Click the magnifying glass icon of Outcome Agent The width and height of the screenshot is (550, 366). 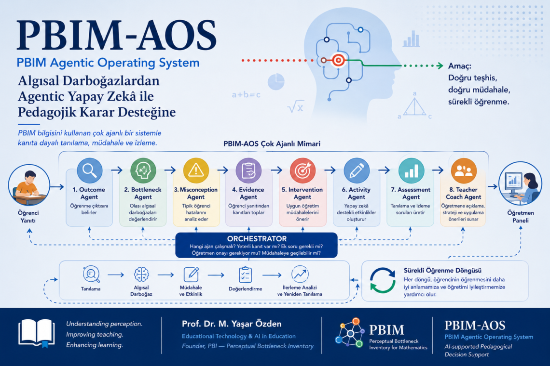click(x=89, y=170)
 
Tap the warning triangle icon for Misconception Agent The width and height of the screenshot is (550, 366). click(x=196, y=170)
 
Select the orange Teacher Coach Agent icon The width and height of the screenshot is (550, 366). click(x=464, y=170)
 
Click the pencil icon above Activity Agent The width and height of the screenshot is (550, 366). click(x=357, y=170)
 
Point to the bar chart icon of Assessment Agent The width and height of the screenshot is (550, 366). click(x=411, y=170)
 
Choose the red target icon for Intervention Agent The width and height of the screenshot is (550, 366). click(x=302, y=170)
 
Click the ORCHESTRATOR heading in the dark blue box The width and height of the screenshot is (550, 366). click(x=257, y=238)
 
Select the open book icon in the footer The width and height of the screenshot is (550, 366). click(x=37, y=333)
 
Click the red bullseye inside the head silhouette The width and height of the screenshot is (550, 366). click(x=338, y=61)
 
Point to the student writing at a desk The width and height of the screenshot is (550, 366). click(x=29, y=185)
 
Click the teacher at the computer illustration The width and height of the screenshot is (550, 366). click(x=520, y=183)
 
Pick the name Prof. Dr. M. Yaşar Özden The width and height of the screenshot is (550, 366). click(x=232, y=324)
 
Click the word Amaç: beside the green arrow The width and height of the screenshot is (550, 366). click(x=459, y=66)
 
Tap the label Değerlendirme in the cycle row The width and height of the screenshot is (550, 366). click(x=245, y=289)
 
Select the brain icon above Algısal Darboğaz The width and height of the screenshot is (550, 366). click(x=141, y=274)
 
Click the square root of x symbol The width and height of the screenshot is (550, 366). click(x=295, y=106)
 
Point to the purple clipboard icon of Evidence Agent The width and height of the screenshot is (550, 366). click(x=248, y=170)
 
